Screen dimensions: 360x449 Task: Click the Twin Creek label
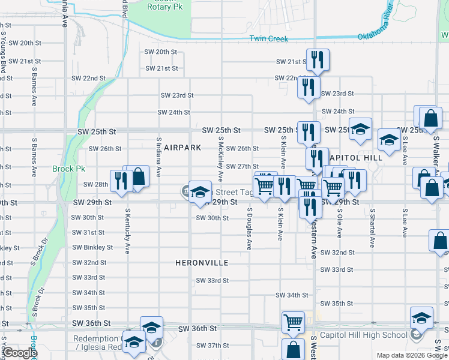269,39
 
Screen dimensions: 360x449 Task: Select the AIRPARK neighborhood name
182,148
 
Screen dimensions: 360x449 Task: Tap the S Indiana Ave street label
159,158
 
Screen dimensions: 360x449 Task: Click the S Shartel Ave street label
372,228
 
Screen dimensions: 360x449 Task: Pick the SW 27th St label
243,166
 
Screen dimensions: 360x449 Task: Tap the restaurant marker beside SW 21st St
317,60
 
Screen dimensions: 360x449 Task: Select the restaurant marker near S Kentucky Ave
122,180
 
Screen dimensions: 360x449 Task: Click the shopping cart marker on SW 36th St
293,323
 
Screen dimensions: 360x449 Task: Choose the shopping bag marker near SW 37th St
294,350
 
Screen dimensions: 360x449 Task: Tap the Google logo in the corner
19,353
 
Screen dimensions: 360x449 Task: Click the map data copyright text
411,355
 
